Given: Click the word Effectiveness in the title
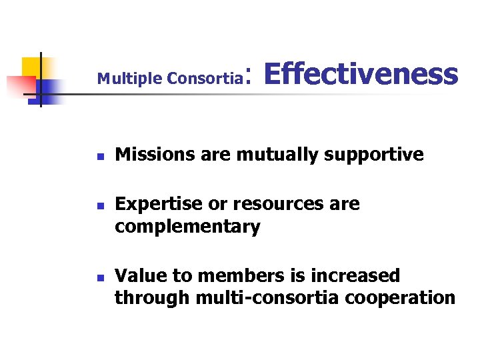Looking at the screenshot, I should coord(361,74).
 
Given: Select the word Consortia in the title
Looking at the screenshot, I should coord(204,79).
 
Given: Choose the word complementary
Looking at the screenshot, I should coord(187,227).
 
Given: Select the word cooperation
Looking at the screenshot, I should coord(400,298).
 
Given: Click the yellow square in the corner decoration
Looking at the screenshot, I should coord(32,67).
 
